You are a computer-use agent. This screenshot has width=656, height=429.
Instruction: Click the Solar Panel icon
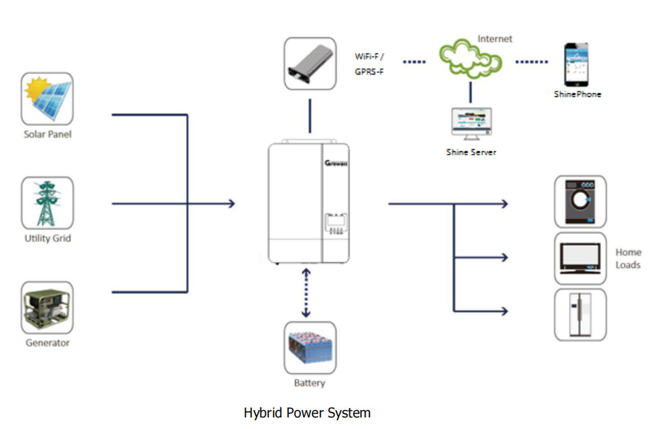tap(47, 99)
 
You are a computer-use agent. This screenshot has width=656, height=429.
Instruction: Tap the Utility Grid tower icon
tap(47, 203)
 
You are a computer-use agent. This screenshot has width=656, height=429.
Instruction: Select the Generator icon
tap(47, 308)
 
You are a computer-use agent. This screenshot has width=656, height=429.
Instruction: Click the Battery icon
tap(309, 348)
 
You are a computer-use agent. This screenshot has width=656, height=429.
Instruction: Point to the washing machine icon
tap(580, 201)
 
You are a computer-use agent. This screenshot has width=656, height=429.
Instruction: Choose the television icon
tap(580, 258)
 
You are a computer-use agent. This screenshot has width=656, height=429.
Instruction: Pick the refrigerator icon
tap(580, 314)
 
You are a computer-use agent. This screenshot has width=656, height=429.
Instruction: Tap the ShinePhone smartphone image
tap(577, 64)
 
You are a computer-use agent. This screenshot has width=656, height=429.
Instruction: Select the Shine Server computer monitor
tap(471, 124)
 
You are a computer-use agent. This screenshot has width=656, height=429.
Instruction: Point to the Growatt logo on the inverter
tap(336, 163)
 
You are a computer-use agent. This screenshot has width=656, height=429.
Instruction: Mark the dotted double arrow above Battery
tap(306, 292)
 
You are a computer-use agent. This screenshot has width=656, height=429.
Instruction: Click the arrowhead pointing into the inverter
tap(232, 203)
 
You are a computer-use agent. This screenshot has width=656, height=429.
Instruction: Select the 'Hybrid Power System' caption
tap(307, 412)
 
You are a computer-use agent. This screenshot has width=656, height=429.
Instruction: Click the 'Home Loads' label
tap(628, 258)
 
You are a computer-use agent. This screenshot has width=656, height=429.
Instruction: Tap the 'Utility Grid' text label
tap(47, 239)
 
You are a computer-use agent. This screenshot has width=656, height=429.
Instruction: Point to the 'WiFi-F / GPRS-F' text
tap(370, 64)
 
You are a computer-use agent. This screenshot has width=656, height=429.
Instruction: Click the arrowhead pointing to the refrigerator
tap(503, 311)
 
